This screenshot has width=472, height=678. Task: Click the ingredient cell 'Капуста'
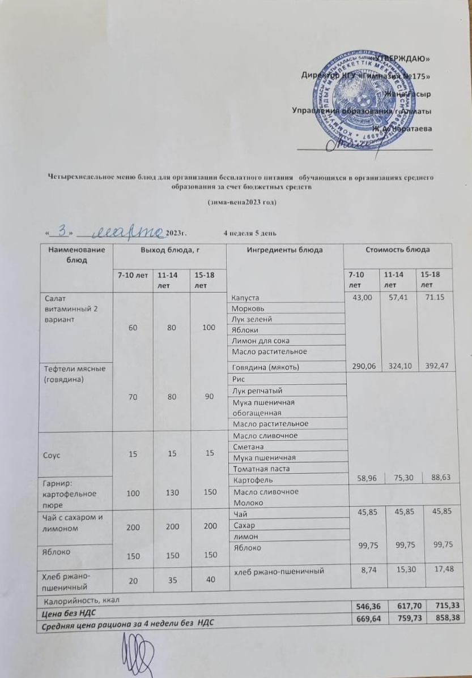click(245, 298)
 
